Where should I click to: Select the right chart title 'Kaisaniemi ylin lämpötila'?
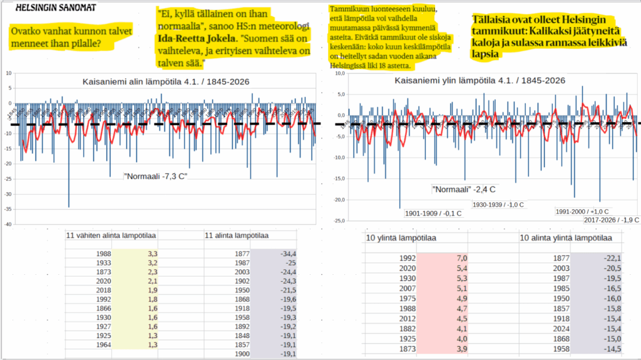[x=480, y=81]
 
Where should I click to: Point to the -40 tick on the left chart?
[x=8, y=224]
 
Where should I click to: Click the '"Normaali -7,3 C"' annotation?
[x=156, y=175]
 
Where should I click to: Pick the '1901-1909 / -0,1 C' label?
[x=433, y=213]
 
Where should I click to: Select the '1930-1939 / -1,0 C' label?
[x=498, y=205]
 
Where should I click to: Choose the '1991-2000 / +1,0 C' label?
[x=582, y=212]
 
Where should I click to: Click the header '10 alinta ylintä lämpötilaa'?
[x=566, y=239]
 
